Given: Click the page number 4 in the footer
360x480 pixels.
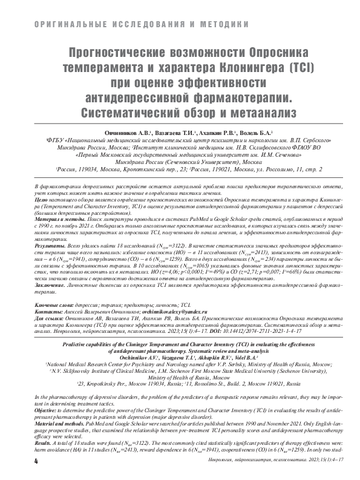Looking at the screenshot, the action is pos(37,462).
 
